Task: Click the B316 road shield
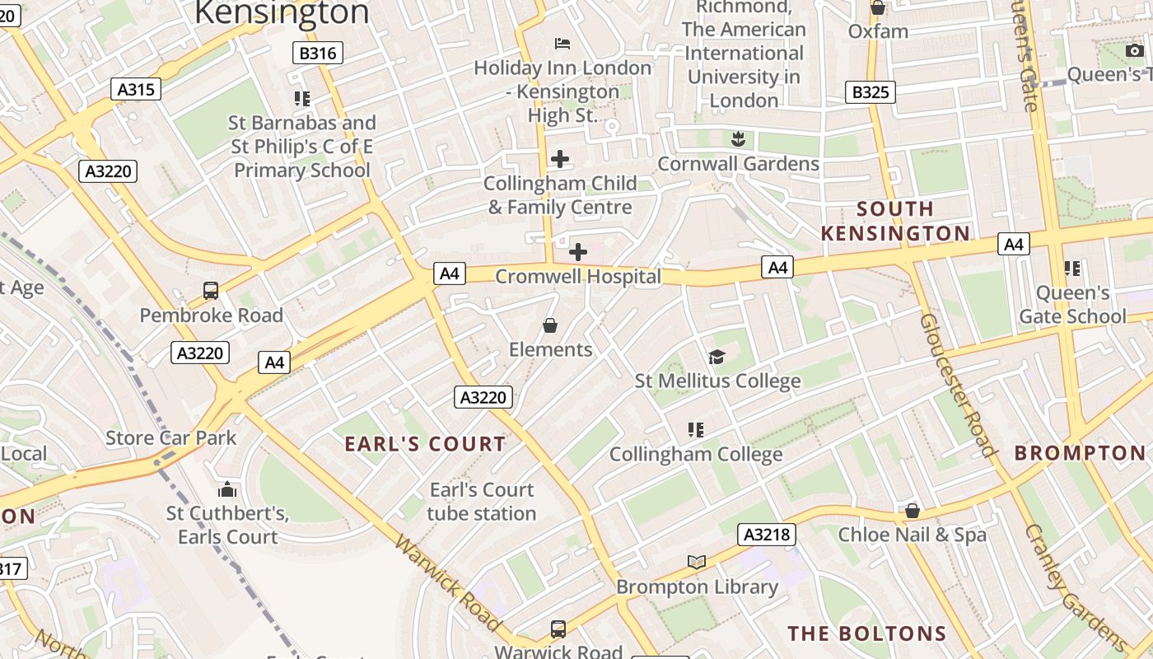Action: point(318,54)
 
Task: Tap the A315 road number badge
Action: point(136,89)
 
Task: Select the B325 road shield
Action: point(871,91)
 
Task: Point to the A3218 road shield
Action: point(767,535)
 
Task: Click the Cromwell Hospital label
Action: point(578,277)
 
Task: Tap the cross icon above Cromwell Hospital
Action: point(578,251)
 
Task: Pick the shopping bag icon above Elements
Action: point(550,326)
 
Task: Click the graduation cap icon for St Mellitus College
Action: point(717,357)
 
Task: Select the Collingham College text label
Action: point(696,455)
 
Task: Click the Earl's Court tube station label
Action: point(482,502)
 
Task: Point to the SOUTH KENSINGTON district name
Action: point(895,221)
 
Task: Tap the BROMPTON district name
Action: point(1080,453)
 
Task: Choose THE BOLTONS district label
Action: point(867,633)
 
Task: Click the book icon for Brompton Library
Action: point(697,562)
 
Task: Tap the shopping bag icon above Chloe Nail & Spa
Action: point(912,511)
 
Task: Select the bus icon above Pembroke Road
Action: point(211,291)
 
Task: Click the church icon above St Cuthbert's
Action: point(227,489)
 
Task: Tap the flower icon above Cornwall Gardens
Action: point(738,139)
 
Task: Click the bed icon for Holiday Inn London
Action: point(562,43)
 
